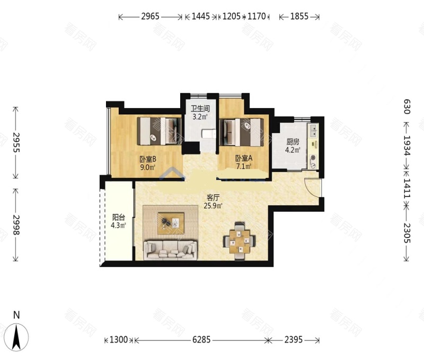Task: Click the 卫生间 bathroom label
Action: click(x=200, y=109)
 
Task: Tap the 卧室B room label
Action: click(x=148, y=159)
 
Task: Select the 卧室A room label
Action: click(x=244, y=158)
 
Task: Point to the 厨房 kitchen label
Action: click(x=293, y=141)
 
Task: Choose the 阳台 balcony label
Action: click(x=118, y=217)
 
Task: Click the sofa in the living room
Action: click(x=171, y=250)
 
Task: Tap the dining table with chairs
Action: click(x=240, y=241)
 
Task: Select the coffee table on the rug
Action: click(x=171, y=223)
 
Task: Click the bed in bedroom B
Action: click(x=159, y=131)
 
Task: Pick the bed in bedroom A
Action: click(x=242, y=132)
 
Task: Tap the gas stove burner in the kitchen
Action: click(x=313, y=158)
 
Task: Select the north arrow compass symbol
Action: click(x=16, y=337)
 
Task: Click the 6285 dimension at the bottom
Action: click(x=201, y=339)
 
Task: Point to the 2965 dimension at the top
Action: click(x=151, y=16)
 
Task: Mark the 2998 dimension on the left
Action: click(x=16, y=224)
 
